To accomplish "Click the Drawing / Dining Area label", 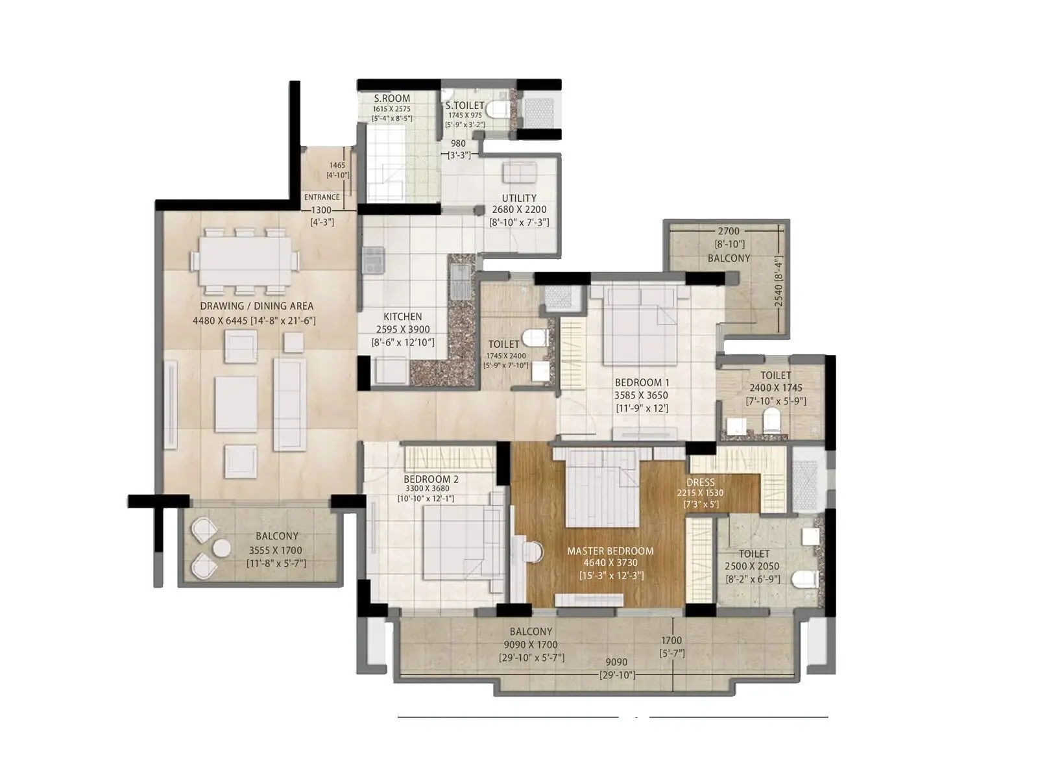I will click(256, 306).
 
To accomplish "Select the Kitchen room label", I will click(402, 317).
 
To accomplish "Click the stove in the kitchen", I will click(373, 260).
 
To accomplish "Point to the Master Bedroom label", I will click(610, 551).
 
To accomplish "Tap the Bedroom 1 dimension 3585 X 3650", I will click(640, 395).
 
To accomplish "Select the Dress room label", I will click(700, 482).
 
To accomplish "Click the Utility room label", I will click(519, 198).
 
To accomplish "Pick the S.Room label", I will click(392, 99).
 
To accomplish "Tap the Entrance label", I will click(322, 197).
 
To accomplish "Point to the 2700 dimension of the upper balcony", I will click(729, 231).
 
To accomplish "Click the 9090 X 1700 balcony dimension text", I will click(531, 645).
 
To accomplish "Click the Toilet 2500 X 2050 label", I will click(754, 554).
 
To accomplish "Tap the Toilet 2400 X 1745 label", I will click(775, 375).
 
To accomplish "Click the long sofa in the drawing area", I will click(289, 404).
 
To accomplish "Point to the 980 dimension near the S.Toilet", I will click(458, 144).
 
